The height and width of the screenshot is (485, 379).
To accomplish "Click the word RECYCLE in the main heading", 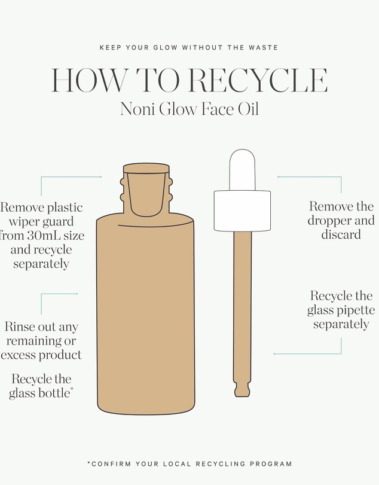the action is (x=261, y=80).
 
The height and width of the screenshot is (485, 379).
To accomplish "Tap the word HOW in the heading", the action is (x=90, y=80).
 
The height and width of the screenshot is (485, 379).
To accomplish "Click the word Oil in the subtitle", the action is (x=248, y=109).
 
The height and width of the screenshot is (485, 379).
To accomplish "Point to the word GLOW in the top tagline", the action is (x=166, y=48).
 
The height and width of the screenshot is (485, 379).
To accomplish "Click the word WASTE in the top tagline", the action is (x=263, y=48).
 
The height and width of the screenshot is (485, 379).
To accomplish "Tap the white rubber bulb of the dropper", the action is (x=242, y=169).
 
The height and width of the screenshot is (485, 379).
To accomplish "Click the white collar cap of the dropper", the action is (x=242, y=211).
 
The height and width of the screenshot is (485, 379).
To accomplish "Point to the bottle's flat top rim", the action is (x=146, y=168).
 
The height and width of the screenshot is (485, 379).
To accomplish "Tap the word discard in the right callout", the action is (x=341, y=234).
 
